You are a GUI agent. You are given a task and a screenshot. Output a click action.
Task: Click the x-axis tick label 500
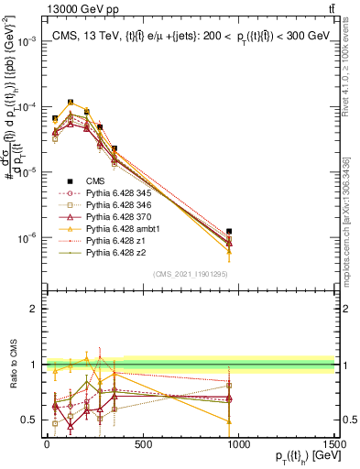tap(142, 444)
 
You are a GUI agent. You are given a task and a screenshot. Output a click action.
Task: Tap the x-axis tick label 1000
tap(238, 444)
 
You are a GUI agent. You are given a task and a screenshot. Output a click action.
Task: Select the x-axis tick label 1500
tap(333, 444)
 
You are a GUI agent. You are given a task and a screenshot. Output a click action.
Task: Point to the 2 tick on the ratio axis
tap(33, 309)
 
